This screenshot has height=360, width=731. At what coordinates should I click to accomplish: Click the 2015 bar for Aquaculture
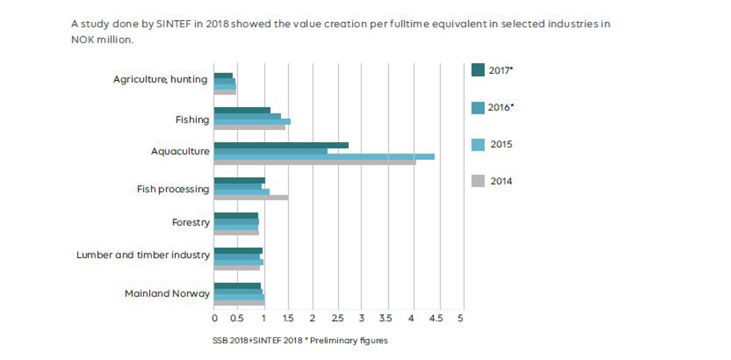pyautogui.click(x=324, y=157)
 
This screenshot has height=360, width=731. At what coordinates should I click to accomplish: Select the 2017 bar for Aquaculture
pyautogui.click(x=281, y=145)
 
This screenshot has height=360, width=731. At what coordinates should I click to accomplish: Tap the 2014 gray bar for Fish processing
pyautogui.click(x=251, y=198)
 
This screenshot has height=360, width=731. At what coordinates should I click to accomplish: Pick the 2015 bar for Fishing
pyautogui.click(x=252, y=122)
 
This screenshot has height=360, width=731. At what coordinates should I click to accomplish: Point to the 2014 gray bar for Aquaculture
pyautogui.click(x=315, y=162)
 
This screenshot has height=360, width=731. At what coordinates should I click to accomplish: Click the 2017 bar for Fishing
pyautogui.click(x=242, y=111)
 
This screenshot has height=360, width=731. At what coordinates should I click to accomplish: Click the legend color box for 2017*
pyautogui.click(x=478, y=70)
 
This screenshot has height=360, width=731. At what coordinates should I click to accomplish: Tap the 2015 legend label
pyautogui.click(x=501, y=145)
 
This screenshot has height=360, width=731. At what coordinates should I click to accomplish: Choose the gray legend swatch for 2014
pyautogui.click(x=478, y=181)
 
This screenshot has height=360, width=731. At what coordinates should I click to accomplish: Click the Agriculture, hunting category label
pyautogui.click(x=160, y=79)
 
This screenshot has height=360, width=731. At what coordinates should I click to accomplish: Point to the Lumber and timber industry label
pyautogui.click(x=143, y=255)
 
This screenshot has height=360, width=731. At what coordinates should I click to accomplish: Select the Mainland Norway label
pyautogui.click(x=167, y=293)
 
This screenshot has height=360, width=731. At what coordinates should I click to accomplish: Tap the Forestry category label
pyautogui.click(x=191, y=222)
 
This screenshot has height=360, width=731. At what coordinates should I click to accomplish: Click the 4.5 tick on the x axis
pyautogui.click(x=436, y=319)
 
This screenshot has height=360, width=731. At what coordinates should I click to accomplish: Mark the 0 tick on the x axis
pyautogui.click(x=215, y=319)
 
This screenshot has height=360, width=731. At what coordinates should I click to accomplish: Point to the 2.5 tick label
pyautogui.click(x=338, y=319)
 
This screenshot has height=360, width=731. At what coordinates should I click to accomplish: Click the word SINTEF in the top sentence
pyautogui.click(x=173, y=24)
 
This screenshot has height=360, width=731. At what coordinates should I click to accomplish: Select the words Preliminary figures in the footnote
pyautogui.click(x=349, y=340)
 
